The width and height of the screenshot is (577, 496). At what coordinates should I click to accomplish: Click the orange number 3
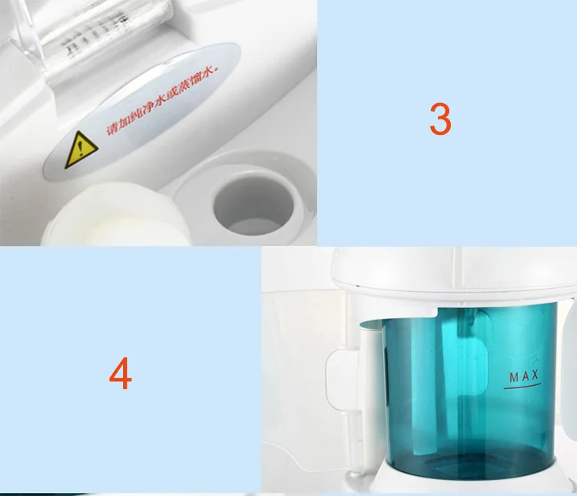click(440, 119)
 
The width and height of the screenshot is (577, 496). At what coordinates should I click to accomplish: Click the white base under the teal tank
click(462, 485)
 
